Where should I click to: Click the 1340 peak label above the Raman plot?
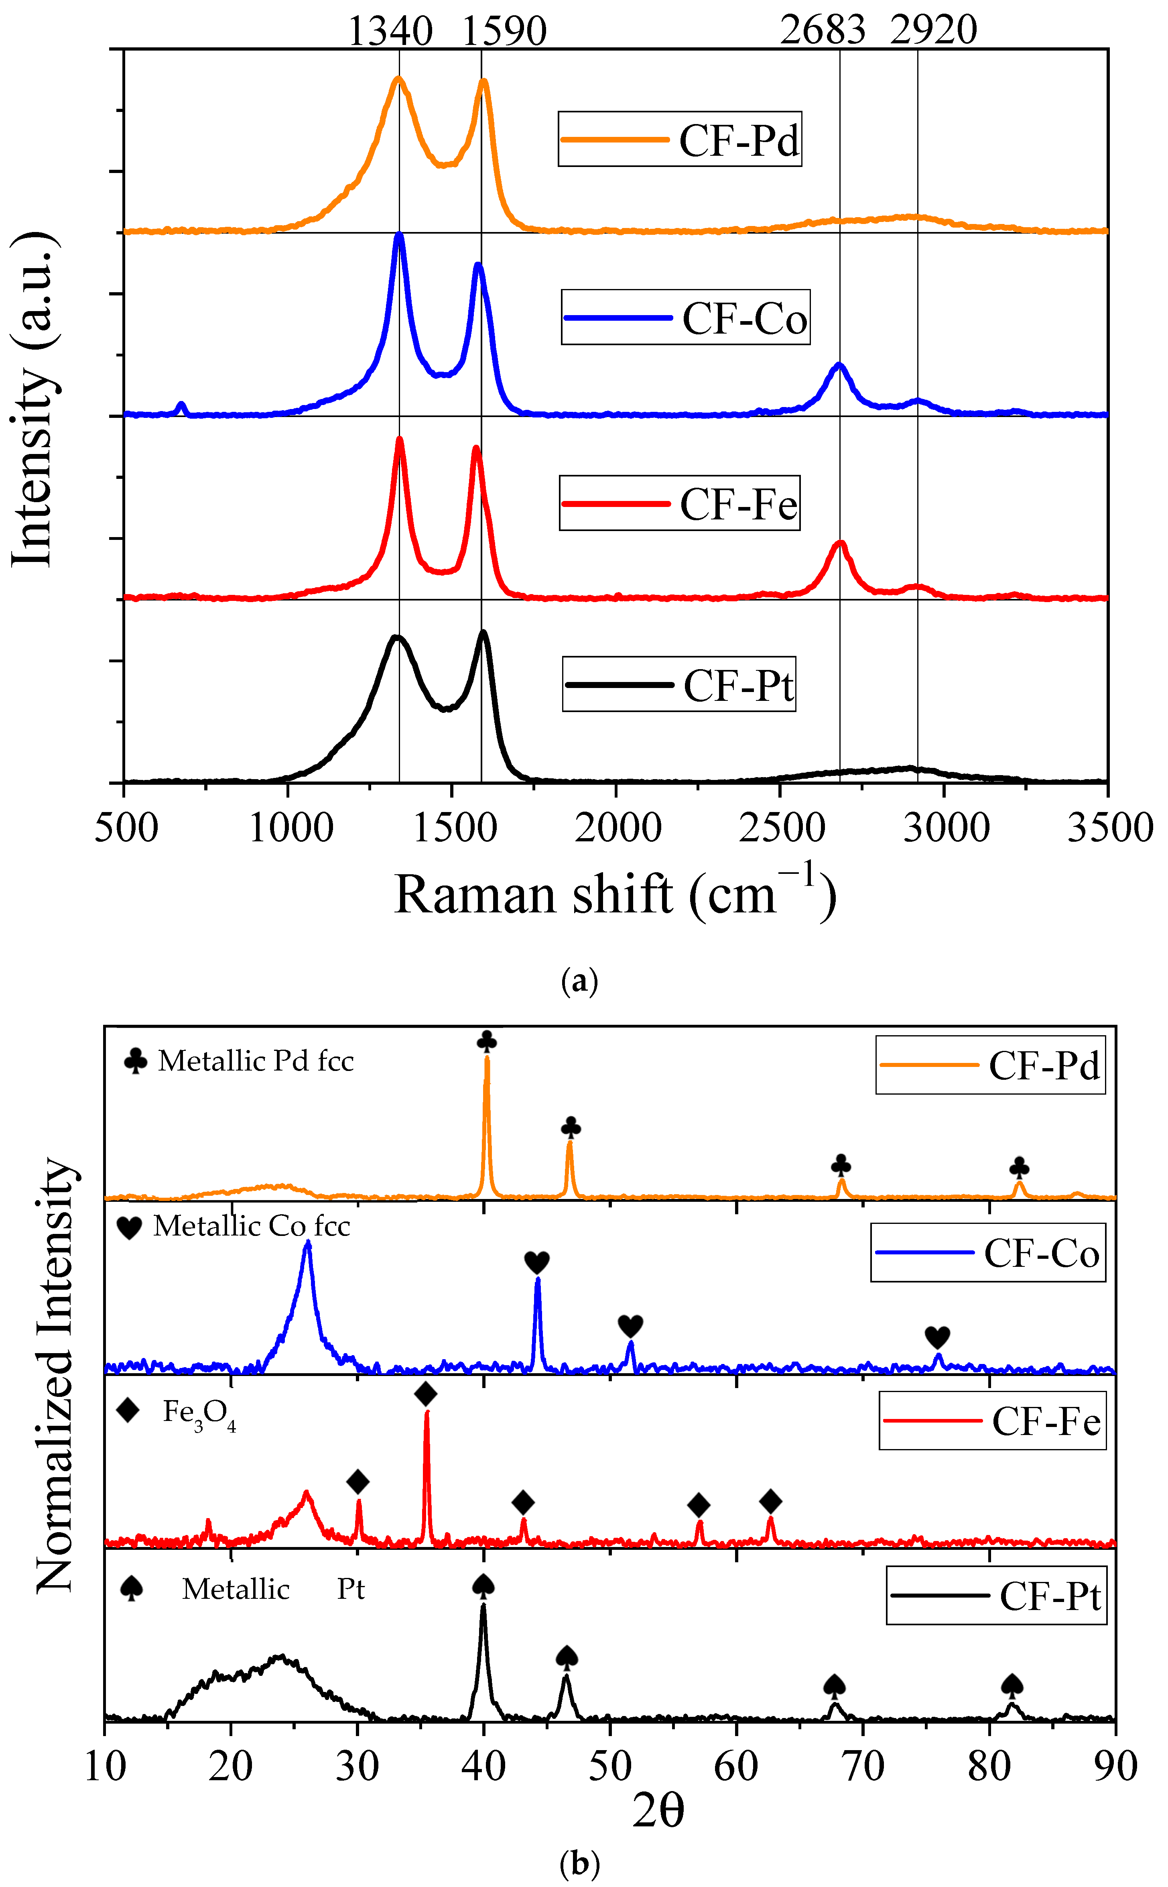pyautogui.click(x=390, y=31)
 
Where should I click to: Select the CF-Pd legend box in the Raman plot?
pyautogui.click(x=680, y=139)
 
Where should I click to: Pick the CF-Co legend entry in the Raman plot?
pyautogui.click(x=685, y=318)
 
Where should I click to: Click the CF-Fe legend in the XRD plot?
pyautogui.click(x=993, y=1421)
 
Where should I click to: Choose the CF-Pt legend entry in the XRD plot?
pyautogui.click(x=997, y=1596)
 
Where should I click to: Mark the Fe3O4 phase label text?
pyautogui.click(x=199, y=1413)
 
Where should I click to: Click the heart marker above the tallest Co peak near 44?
pyautogui.click(x=537, y=1263)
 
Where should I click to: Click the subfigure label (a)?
pyautogui.click(x=579, y=981)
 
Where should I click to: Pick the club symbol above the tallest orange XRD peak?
pyautogui.click(x=487, y=1042)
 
